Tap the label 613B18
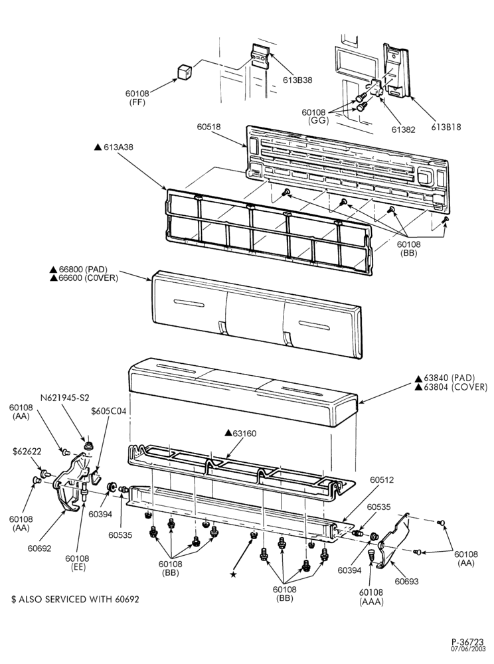[x=446, y=127]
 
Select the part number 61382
[x=403, y=129]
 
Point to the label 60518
[x=208, y=127]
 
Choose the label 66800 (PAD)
[x=78, y=270]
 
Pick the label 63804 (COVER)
[x=451, y=387]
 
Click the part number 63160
[x=240, y=433]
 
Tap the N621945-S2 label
[x=65, y=398]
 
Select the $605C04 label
[x=109, y=411]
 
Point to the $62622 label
[x=27, y=452]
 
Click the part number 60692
[x=39, y=548]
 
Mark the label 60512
[x=381, y=480]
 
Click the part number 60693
[x=406, y=581]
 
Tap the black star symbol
[x=233, y=574]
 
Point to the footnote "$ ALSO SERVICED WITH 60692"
[x=75, y=599]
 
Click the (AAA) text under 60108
[x=370, y=602]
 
